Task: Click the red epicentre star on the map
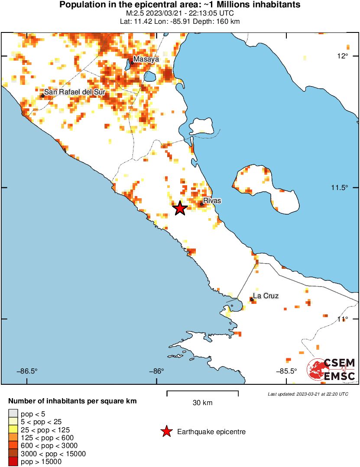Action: click(180, 209)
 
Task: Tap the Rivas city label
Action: click(212, 201)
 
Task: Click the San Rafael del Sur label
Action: click(75, 93)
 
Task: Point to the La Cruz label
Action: click(266, 296)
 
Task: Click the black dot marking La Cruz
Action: click(252, 299)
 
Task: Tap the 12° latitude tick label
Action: click(343, 56)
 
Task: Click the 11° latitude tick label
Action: click(343, 319)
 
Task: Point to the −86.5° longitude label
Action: click(27, 371)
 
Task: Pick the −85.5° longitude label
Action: click(286, 371)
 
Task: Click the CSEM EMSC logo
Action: click(331, 370)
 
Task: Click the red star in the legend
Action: click(165, 432)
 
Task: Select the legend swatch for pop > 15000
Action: click(13, 462)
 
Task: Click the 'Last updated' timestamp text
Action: click(308, 394)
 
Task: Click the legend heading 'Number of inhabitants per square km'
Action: click(72, 401)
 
